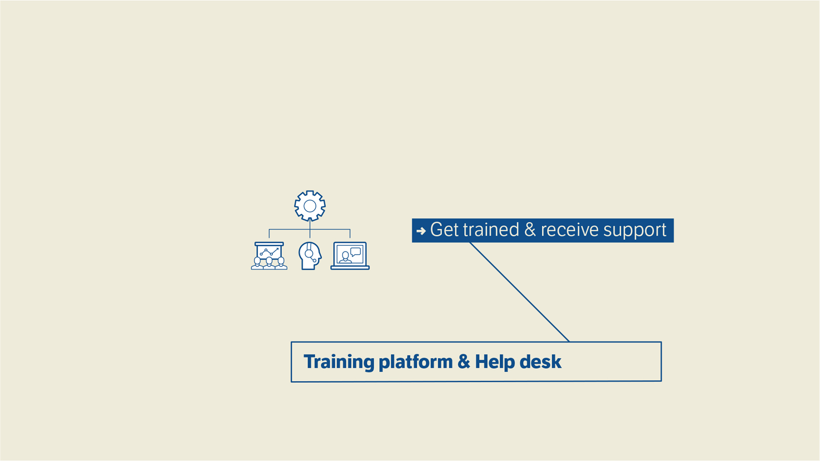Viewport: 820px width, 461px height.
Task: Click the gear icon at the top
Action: point(310,205)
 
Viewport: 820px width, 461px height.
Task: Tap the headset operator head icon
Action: point(310,256)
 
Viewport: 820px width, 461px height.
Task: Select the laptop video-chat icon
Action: point(350,256)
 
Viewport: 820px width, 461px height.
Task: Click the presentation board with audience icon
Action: point(269,256)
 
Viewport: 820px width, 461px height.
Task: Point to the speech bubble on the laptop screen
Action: point(356,252)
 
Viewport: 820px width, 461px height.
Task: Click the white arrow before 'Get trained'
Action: point(421,231)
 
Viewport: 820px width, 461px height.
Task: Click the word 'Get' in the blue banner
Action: point(444,230)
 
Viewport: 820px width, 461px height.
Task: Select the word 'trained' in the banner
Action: point(491,230)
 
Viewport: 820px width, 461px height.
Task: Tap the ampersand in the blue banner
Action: point(530,230)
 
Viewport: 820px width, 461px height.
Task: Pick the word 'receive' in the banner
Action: point(569,230)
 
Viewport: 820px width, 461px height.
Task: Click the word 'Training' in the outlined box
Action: point(339,362)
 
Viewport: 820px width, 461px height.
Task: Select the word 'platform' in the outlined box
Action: point(416,362)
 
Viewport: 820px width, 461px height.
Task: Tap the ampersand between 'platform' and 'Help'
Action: point(464,362)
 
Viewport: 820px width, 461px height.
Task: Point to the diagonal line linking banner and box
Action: point(520,292)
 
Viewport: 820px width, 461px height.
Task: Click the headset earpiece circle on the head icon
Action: point(309,253)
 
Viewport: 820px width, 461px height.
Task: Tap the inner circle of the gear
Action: point(310,206)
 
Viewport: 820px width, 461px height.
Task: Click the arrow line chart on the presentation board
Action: point(269,252)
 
